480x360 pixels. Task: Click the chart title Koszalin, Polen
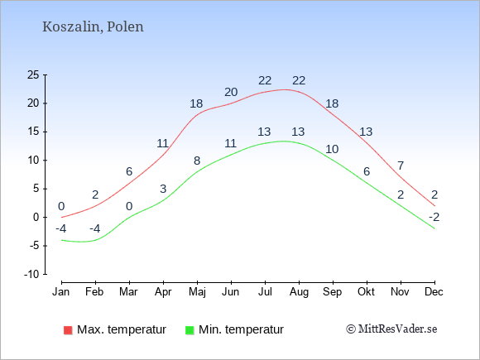point(93,27)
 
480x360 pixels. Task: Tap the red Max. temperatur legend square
point(68,330)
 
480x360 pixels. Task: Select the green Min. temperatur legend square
point(190,330)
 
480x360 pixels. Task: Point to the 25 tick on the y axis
point(33,74)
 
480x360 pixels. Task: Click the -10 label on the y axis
point(31,274)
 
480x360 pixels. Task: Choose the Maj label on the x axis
point(197,292)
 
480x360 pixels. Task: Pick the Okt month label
point(366,292)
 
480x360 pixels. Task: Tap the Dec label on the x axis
point(434,292)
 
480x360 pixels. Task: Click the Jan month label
point(61,292)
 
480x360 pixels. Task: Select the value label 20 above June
point(231,92)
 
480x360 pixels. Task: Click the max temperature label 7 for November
point(401,166)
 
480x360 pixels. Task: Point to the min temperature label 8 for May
point(197,161)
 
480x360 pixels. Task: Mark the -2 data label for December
point(434,217)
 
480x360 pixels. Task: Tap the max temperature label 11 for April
point(163,143)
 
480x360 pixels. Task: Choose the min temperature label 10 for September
point(332,149)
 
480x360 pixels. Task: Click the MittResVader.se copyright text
point(391,329)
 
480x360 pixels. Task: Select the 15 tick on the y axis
point(33,132)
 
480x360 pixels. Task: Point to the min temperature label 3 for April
point(163,189)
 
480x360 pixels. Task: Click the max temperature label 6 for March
point(129,171)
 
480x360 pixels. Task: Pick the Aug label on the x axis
point(299,292)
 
